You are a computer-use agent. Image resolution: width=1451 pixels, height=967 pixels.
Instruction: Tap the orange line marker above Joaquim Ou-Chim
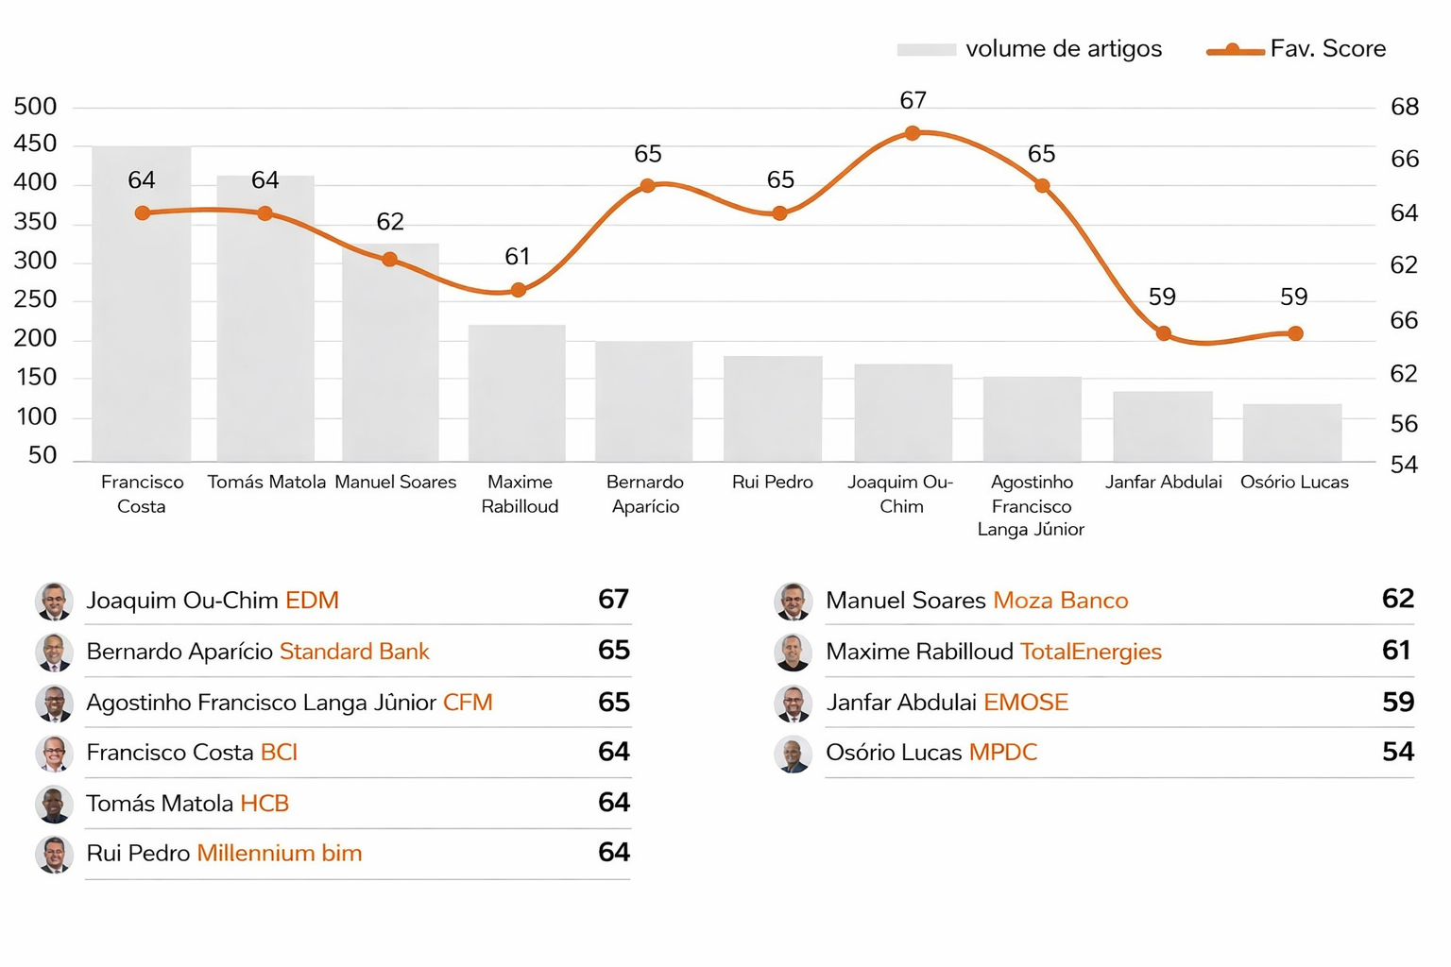[913, 133]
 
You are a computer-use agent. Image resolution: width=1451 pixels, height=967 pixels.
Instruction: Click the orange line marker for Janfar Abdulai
[1164, 333]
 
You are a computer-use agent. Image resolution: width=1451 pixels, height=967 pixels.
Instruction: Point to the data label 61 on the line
[518, 257]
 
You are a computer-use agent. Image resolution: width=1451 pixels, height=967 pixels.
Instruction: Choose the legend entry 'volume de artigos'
[1030, 49]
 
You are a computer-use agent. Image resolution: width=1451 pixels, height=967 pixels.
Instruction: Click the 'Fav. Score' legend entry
[1297, 49]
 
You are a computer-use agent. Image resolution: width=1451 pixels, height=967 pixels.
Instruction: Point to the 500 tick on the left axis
[35, 107]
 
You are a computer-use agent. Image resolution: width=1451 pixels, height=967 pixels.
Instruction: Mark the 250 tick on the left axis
[35, 300]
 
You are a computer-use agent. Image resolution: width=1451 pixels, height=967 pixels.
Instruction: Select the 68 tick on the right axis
[1405, 108]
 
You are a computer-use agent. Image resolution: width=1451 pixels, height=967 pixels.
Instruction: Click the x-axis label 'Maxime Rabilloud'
[520, 494]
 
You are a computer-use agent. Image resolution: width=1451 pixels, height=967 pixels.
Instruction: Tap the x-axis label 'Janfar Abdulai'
[1164, 483]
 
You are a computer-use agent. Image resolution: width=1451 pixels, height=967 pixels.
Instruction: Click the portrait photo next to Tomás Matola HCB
[55, 804]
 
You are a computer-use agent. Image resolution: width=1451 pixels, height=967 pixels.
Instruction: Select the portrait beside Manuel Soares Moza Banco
[794, 601]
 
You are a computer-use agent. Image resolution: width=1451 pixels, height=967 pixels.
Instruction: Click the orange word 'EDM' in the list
[312, 601]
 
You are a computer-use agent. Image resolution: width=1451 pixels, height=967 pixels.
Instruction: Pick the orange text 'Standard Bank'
[354, 652]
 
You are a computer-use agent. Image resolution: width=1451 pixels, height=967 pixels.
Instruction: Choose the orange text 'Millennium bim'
[280, 854]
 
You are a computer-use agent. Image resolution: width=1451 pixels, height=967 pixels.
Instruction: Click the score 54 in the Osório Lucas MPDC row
[1397, 753]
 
